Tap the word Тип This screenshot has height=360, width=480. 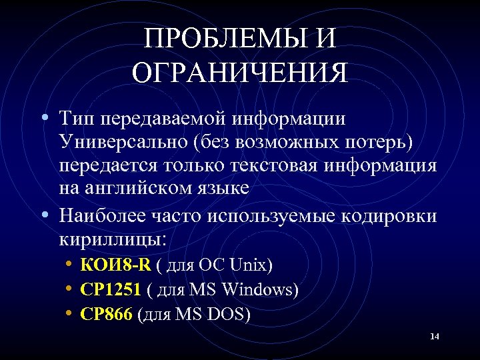pos(77,119)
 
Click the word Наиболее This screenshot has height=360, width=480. pos(99,215)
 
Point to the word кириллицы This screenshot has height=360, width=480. pos(111,238)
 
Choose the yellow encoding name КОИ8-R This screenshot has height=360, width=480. pos(115,265)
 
